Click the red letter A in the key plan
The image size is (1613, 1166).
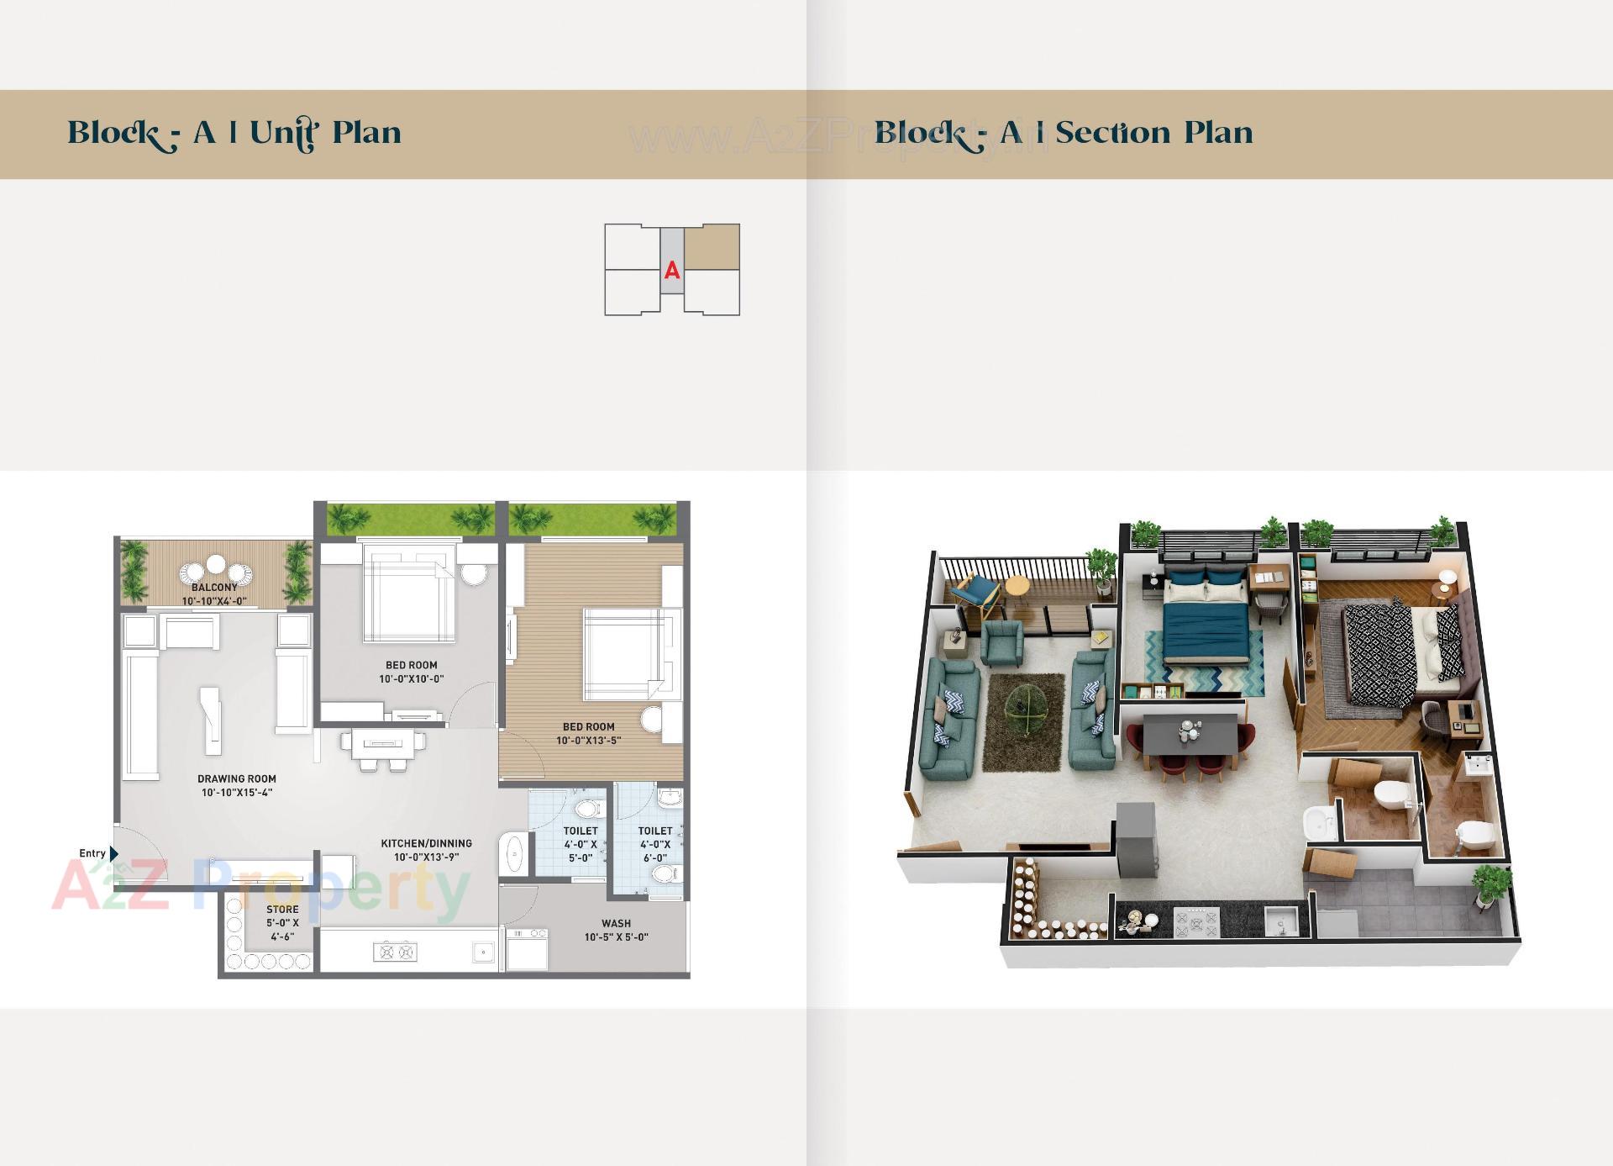tap(672, 271)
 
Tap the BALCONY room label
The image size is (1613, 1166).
tap(214, 588)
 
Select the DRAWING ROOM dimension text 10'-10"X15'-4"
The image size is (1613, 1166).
tap(237, 793)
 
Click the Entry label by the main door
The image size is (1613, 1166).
tap(92, 853)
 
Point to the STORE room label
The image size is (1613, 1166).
tap(282, 910)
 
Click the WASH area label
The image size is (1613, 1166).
tap(616, 923)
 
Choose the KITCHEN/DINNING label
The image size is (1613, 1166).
tap(426, 843)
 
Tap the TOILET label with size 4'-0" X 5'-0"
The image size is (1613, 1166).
tap(581, 831)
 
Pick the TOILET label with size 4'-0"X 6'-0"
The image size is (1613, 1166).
tap(655, 831)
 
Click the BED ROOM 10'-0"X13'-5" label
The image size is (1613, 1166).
tap(588, 727)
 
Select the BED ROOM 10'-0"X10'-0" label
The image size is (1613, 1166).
tap(411, 665)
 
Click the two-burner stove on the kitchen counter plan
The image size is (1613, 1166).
tap(394, 952)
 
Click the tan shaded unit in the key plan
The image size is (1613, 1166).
tap(712, 247)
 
